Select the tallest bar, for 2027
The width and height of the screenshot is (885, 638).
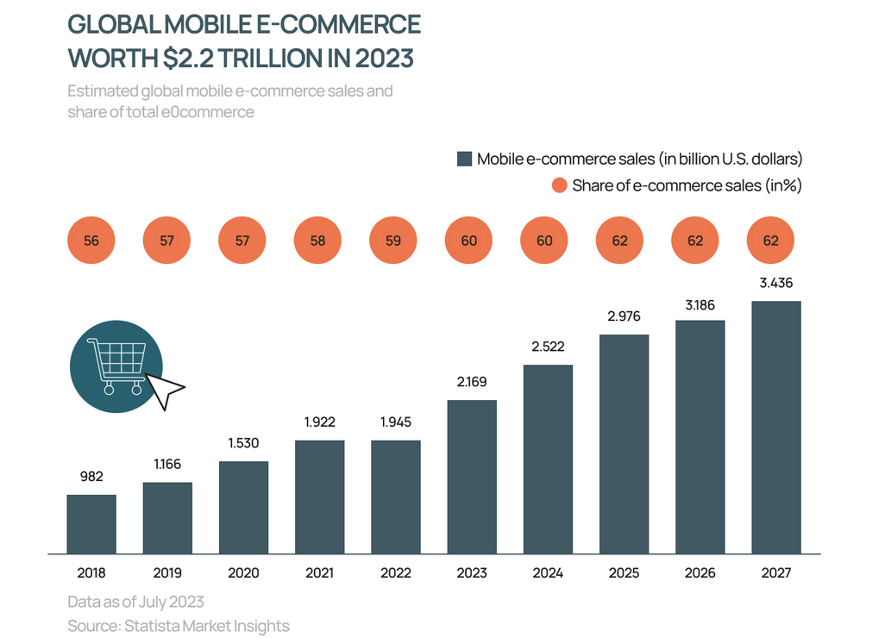[775, 427]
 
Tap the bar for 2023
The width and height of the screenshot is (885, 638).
[472, 476]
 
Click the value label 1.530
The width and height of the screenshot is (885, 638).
[243, 443]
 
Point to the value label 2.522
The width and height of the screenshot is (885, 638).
[548, 347]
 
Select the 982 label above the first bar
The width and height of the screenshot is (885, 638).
[91, 476]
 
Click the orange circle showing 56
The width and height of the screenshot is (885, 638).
[91, 241]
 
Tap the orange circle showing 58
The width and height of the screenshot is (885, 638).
[318, 241]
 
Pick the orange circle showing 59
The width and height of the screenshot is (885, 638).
[394, 241]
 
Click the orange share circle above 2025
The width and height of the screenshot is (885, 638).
[620, 241]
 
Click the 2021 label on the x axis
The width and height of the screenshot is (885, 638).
[318, 572]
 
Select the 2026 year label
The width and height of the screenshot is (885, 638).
[700, 572]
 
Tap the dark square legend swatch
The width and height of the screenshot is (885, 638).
[464, 159]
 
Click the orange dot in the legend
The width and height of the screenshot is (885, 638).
[559, 185]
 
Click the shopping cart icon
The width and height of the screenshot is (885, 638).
[115, 365]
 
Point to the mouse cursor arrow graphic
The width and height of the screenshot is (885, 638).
[166, 391]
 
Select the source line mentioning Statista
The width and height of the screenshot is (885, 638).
[179, 626]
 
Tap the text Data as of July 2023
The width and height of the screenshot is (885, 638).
[135, 601]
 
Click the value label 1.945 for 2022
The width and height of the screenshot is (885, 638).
[395, 422]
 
